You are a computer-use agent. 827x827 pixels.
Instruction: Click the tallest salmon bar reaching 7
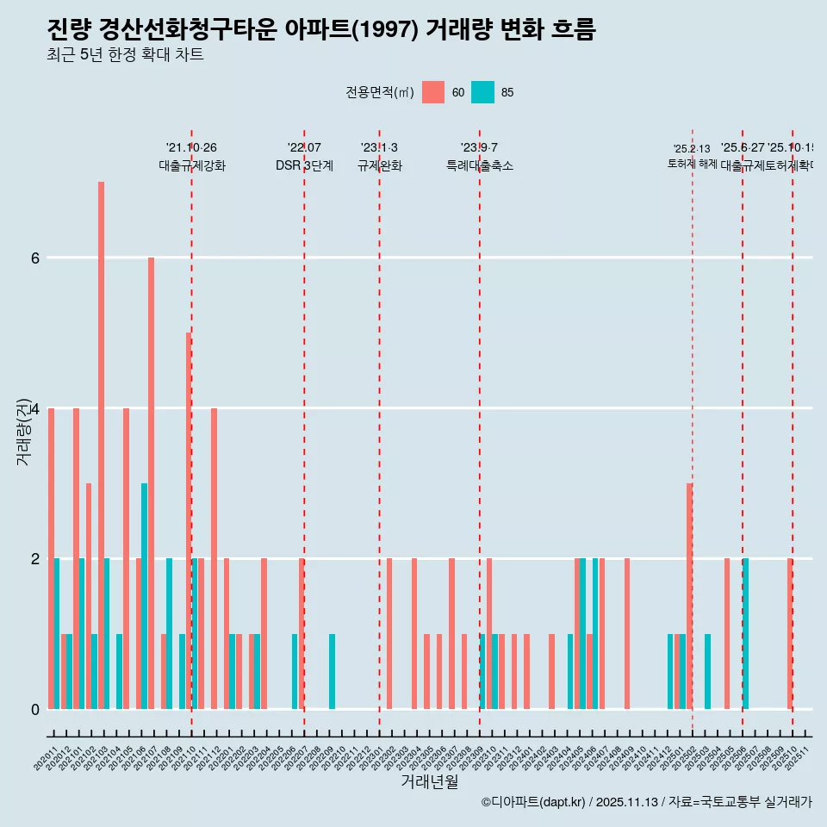coord(101,445)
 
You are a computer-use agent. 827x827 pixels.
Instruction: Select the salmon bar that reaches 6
coord(151,482)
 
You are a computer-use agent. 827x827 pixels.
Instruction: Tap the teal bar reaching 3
coord(145,595)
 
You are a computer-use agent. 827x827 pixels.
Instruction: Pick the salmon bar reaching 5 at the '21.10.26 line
coord(188,520)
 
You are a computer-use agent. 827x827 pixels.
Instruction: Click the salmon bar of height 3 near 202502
coord(689,595)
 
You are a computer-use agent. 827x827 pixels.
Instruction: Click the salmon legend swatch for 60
coord(433,92)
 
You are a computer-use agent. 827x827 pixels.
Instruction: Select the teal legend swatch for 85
coord(482,92)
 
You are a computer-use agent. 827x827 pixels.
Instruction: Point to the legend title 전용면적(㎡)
coord(380,92)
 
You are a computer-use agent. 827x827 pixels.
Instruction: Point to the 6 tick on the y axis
coord(35,258)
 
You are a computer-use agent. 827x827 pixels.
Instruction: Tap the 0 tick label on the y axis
coord(35,709)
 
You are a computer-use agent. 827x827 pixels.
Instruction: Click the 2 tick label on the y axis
coord(35,558)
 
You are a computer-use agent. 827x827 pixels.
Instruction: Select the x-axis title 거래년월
coord(429,781)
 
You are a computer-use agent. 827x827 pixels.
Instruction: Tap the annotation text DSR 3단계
coord(304,165)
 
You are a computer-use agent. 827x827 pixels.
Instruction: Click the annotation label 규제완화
coord(379,165)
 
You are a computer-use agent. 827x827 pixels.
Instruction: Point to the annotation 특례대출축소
coord(479,165)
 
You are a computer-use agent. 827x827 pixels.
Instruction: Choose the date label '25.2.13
coord(692,149)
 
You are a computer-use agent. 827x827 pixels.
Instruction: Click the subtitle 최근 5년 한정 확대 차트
coord(125,55)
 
